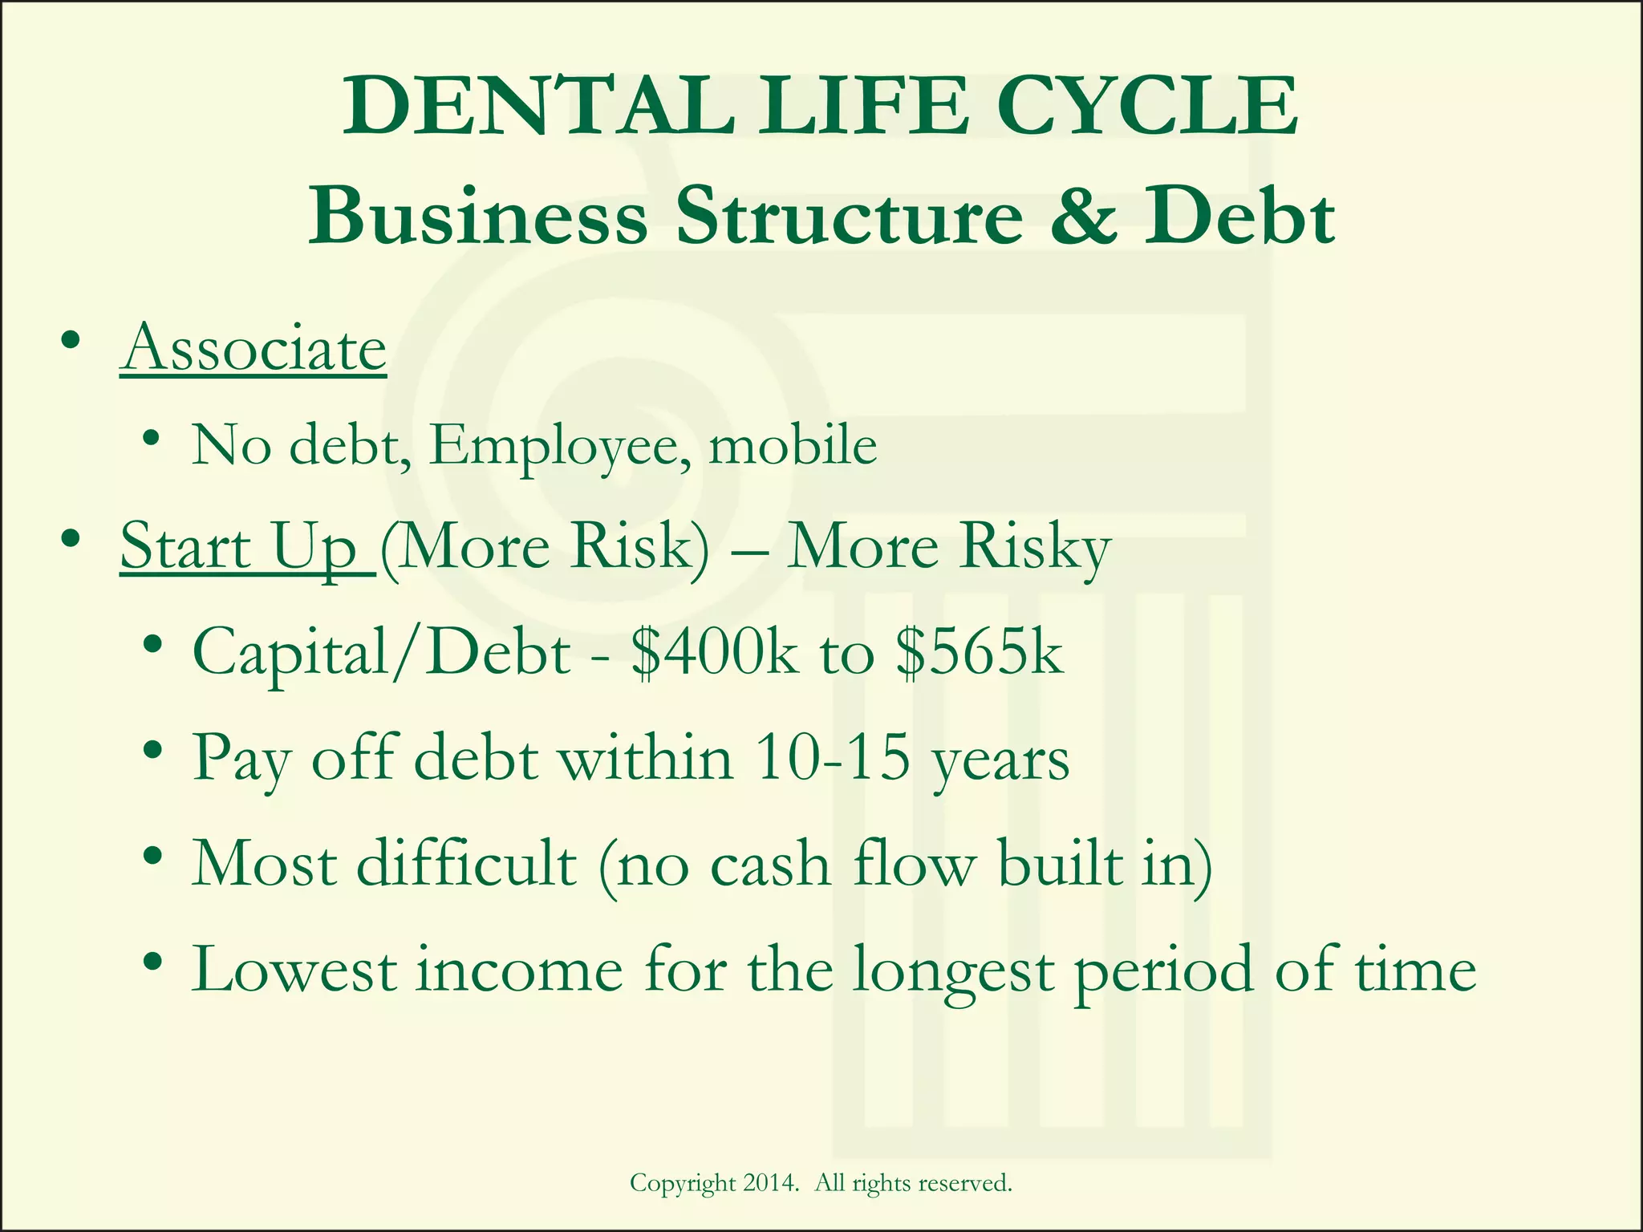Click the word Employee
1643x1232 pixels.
[559, 446]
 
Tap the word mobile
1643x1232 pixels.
[793, 444]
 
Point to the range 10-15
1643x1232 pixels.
[833, 757]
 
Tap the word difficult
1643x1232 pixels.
[466, 863]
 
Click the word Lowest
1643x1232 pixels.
[294, 969]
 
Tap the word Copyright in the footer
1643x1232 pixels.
[683, 1184]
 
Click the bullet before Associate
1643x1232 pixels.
[71, 342]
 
